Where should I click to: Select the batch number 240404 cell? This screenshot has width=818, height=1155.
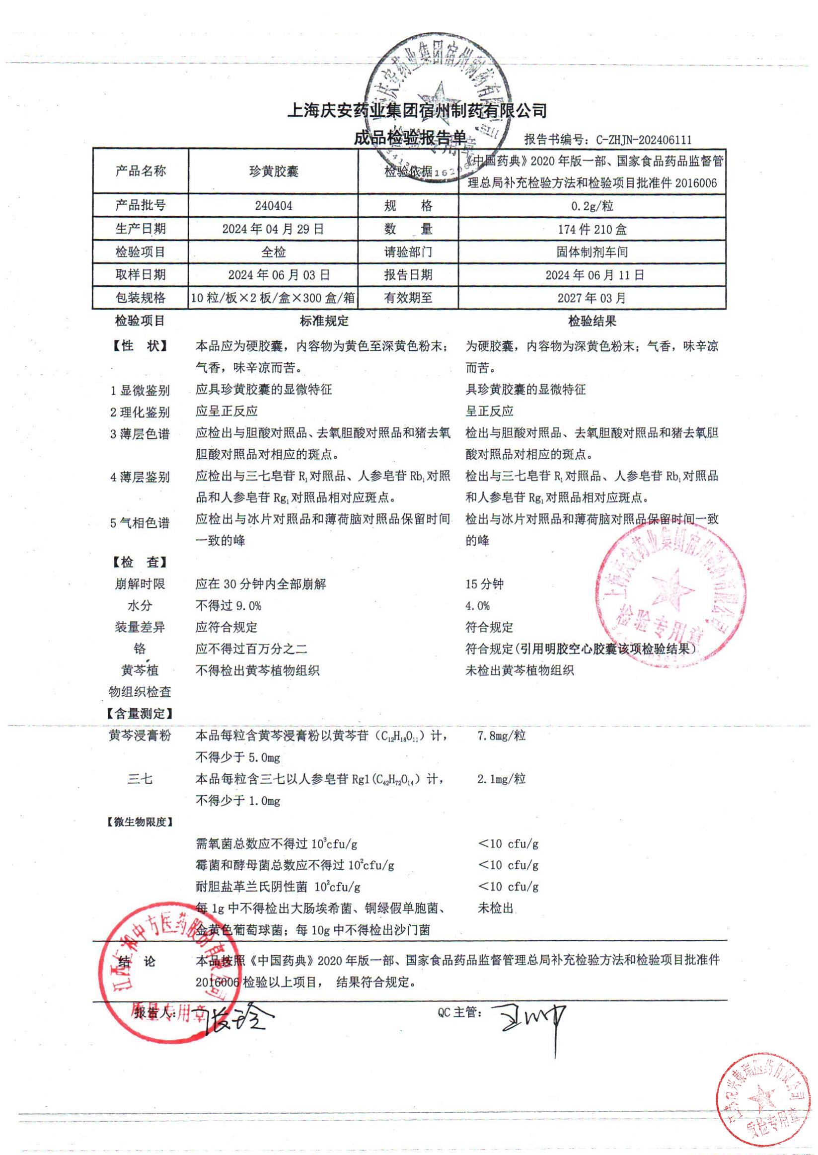tap(273, 206)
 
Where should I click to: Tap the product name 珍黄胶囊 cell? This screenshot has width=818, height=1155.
tap(273, 171)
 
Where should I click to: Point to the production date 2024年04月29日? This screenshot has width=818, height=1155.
tap(273, 229)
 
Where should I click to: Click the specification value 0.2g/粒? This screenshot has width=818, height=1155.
tap(593, 206)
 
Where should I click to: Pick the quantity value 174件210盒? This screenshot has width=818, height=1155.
tap(593, 230)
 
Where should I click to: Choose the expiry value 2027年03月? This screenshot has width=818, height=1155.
tap(593, 298)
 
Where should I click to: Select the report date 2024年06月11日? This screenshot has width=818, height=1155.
tap(593, 275)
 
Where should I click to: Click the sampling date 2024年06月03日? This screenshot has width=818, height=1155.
tap(279, 275)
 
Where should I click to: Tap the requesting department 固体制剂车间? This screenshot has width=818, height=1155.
tap(593, 252)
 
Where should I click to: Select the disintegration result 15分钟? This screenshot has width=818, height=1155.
tap(485, 584)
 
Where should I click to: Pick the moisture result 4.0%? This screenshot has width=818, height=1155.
tap(477, 606)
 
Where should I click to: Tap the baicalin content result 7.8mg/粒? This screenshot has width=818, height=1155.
tap(502, 736)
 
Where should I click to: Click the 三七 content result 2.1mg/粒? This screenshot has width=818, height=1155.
tap(502, 779)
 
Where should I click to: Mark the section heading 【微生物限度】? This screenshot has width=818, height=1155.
tap(140, 823)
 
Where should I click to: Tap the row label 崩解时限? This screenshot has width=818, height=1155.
tap(140, 584)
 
